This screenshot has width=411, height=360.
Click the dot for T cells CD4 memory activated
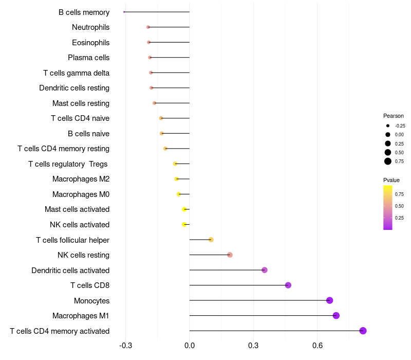[363, 331]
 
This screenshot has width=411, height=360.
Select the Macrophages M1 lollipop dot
[336, 315]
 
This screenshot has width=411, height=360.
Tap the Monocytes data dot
[329, 300]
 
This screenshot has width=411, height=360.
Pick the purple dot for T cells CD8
[288, 285]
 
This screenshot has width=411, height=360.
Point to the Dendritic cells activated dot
[265, 270]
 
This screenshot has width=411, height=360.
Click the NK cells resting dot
[230, 255]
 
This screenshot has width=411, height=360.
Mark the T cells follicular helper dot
[211, 240]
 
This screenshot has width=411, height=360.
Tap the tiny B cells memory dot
[124, 12]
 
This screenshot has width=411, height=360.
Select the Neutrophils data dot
[148, 27]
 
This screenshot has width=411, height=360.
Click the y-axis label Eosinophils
[90, 42]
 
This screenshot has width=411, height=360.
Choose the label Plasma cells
[88, 58]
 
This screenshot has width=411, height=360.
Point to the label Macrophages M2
[81, 179]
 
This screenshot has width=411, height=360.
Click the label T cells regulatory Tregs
[69, 164]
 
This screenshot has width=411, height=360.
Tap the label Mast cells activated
[77, 209]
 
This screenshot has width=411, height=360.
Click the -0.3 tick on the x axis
[125, 345]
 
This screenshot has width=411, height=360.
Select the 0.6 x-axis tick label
[317, 345]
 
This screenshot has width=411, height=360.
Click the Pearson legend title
[393, 116]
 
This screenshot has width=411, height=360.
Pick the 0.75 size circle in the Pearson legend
[388, 161]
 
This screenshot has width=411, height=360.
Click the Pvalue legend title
[391, 180]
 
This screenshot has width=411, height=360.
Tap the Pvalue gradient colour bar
[388, 207]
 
